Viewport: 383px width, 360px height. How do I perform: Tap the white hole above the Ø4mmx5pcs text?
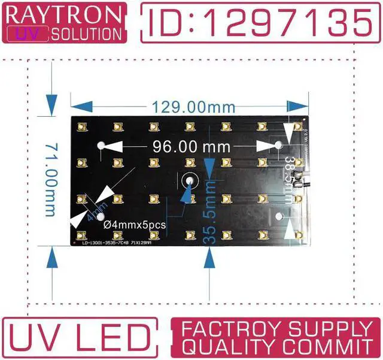coord(100,216)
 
